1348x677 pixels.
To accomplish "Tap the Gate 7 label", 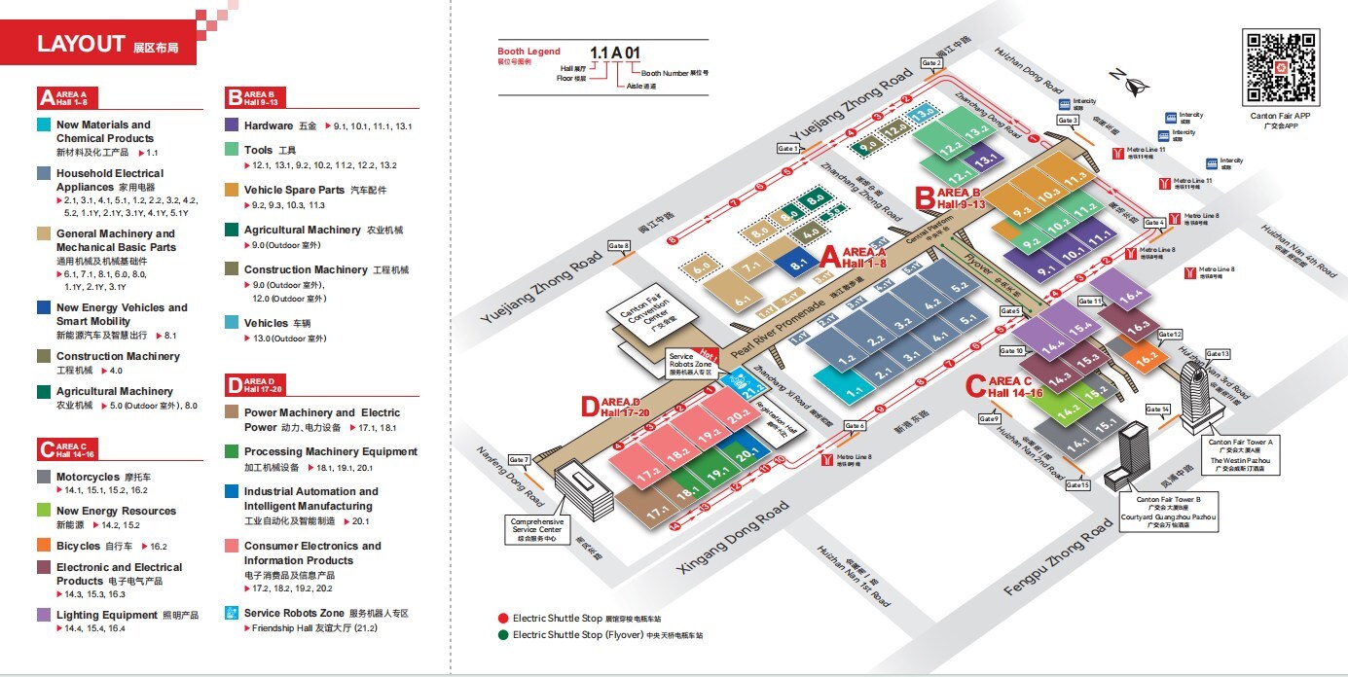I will click(519, 459).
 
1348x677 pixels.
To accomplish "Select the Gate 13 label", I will click(1218, 353).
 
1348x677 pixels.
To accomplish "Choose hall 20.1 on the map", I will click(747, 454).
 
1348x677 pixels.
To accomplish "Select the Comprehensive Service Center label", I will click(537, 528).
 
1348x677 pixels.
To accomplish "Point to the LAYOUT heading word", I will click(81, 43).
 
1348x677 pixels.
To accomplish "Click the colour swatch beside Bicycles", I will click(44, 546).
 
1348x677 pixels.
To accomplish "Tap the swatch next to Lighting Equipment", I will click(44, 615).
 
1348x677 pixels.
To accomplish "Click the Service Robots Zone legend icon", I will click(232, 613).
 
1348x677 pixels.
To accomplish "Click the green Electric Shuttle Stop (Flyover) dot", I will click(503, 635).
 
